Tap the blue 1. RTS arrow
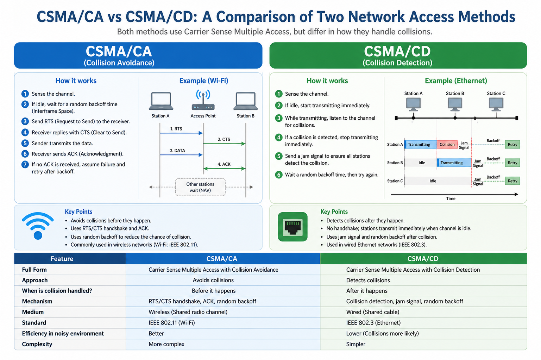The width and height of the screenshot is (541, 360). click(181, 133)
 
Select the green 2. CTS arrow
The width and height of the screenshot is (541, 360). click(224, 144)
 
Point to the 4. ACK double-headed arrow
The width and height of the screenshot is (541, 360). click(224, 169)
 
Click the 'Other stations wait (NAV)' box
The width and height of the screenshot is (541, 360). click(200, 187)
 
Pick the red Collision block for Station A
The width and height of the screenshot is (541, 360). click(447, 144)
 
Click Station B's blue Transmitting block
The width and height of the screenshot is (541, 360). click(454, 163)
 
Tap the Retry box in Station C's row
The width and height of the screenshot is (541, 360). click(512, 181)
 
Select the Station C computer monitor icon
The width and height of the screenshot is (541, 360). click(496, 105)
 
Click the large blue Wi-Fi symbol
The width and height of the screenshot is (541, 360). click(38, 226)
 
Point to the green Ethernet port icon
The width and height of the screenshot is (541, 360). click(292, 227)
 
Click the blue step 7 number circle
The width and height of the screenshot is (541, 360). click(25, 164)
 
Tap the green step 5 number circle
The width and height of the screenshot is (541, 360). click(279, 156)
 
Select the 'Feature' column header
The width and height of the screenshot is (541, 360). click(62, 259)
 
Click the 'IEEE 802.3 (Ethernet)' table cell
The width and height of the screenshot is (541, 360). click(373, 323)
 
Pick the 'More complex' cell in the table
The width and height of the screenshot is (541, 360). click(166, 344)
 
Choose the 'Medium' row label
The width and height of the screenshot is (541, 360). click(33, 312)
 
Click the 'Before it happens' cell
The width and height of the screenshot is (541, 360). click(214, 291)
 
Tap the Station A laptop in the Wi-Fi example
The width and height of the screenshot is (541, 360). click(161, 101)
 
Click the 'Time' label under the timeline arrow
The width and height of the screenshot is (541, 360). click(451, 198)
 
